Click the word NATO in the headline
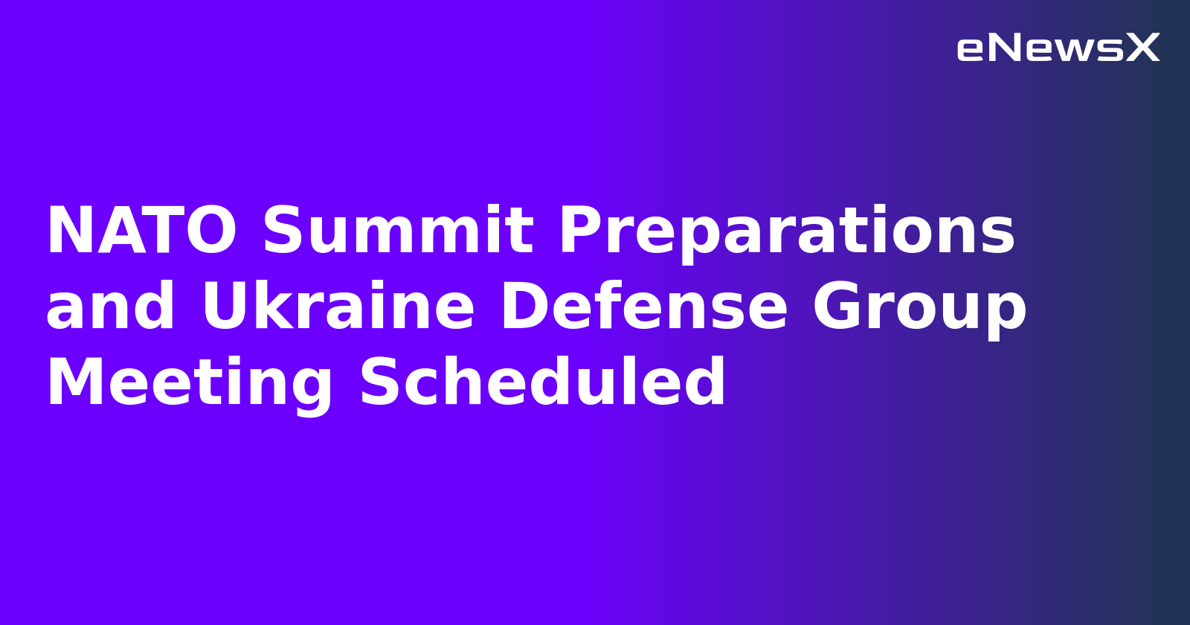[x=141, y=231]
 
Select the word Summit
[x=398, y=231]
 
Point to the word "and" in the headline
[x=111, y=307]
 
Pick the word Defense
[x=644, y=307]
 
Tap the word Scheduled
[x=542, y=383]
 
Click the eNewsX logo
[x=1058, y=48]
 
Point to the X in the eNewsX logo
[x=1142, y=48]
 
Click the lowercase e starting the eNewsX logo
[x=971, y=50]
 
